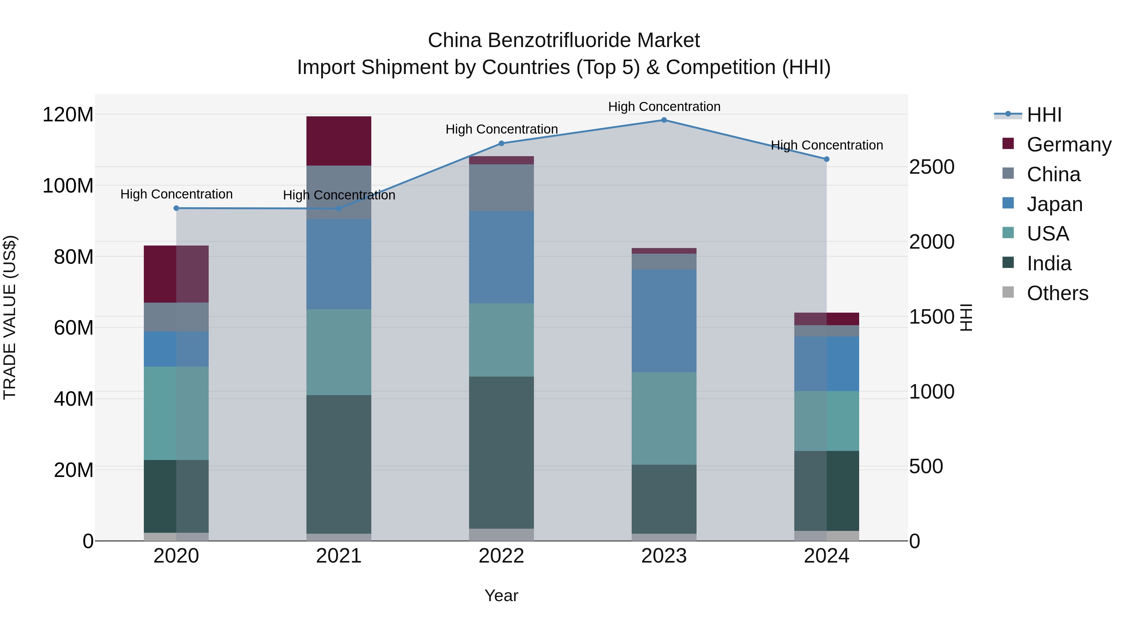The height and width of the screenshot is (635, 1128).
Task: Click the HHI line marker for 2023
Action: tap(664, 120)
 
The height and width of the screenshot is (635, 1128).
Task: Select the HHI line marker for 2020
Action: tap(176, 208)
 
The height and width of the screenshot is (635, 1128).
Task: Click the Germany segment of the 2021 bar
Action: tap(338, 141)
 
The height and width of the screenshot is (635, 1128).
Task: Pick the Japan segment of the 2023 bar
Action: tap(664, 321)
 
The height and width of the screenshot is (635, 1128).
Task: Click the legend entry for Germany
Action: tap(1068, 145)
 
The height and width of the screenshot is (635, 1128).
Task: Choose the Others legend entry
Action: tap(1057, 293)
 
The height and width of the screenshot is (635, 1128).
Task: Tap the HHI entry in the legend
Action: tap(1044, 115)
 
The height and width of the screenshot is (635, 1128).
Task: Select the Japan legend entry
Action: tap(1054, 204)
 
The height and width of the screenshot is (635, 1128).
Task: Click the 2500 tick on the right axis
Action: tap(932, 167)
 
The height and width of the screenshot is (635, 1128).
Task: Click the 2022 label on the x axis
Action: tap(501, 556)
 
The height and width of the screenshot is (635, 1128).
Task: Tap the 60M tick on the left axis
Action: tap(74, 328)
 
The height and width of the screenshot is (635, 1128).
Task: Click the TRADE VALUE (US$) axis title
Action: tap(10, 317)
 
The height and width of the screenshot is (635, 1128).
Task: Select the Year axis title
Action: tap(501, 595)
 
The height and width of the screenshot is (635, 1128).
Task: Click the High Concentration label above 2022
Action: tap(501, 129)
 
